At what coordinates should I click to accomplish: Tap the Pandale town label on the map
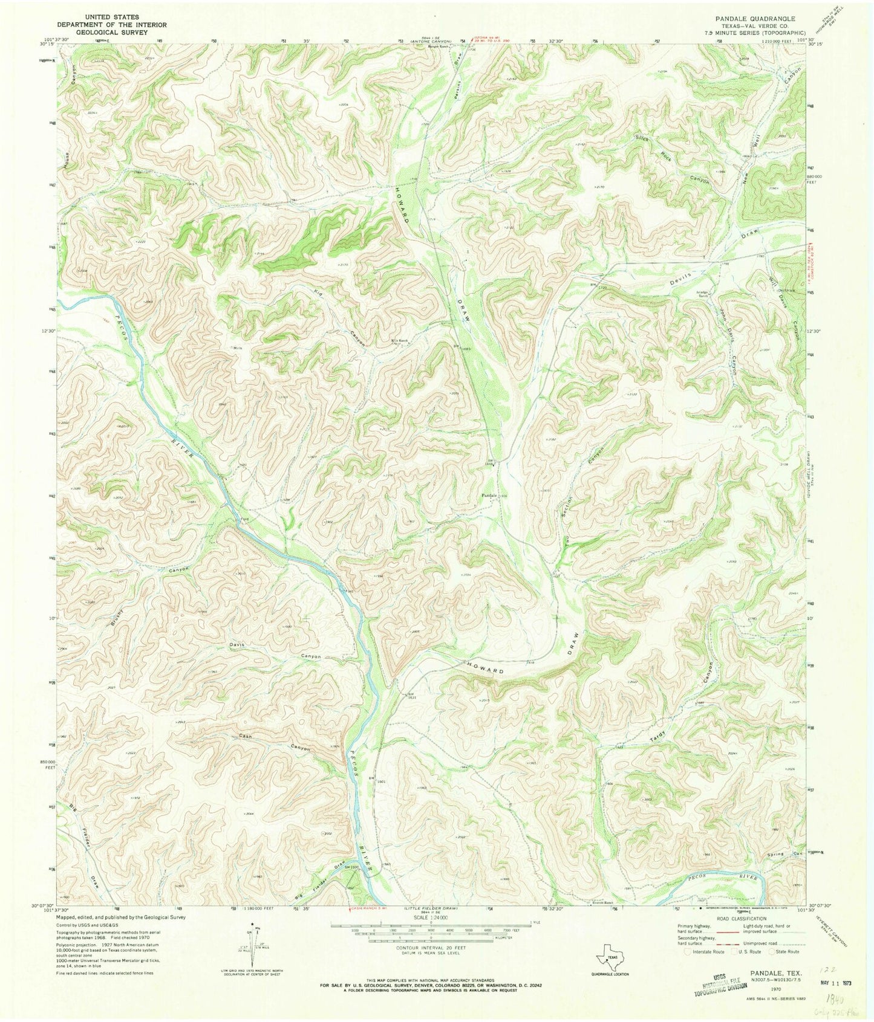488,496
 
